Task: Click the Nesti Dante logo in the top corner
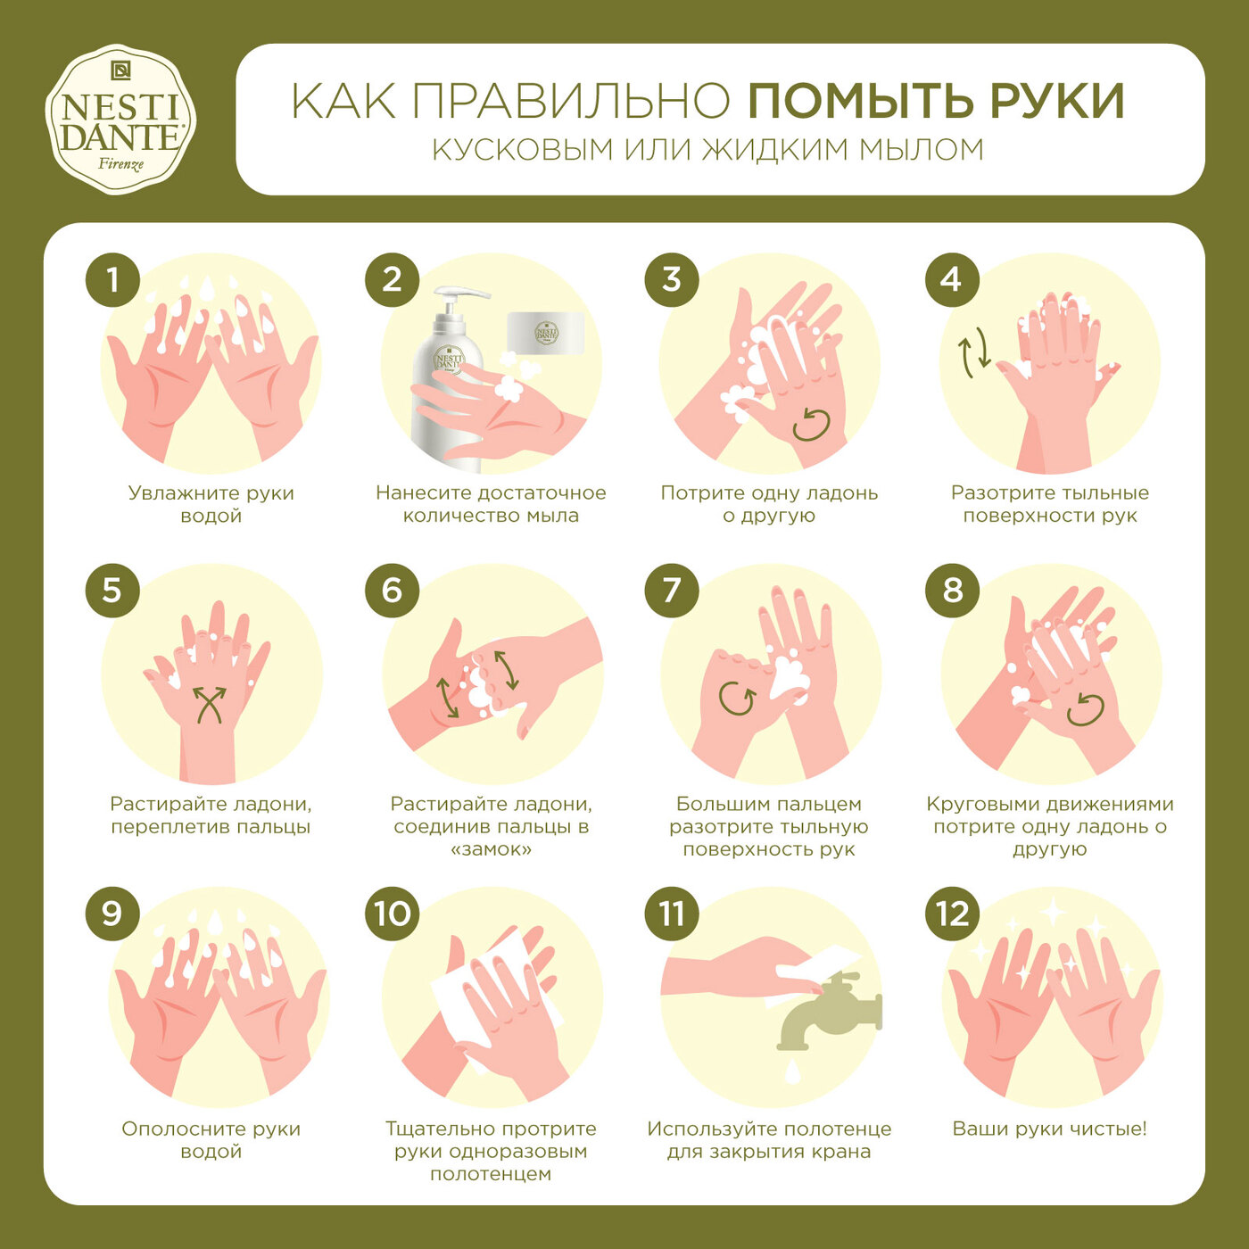[120, 120]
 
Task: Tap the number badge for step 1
[112, 280]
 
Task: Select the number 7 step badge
[672, 591]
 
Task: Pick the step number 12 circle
[952, 914]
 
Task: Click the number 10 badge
[393, 914]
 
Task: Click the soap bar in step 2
[546, 333]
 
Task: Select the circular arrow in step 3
[811, 425]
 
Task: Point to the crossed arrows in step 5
[211, 704]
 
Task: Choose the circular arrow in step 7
[738, 698]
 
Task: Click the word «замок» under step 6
[491, 849]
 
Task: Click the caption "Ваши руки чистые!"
[1049, 1129]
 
